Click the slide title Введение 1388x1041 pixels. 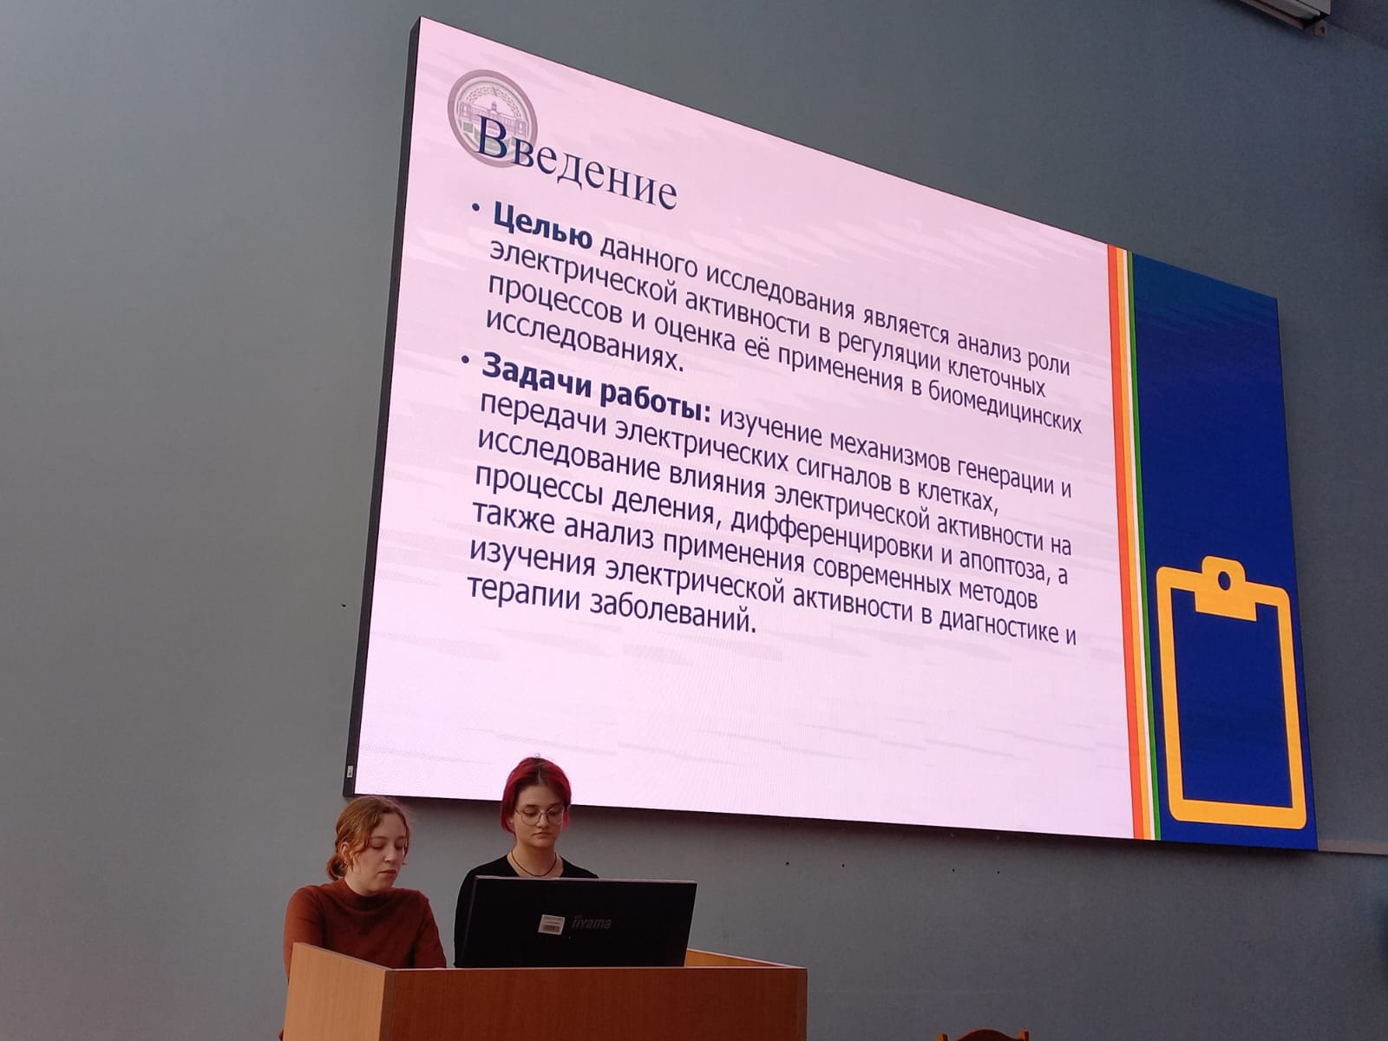[x=575, y=163]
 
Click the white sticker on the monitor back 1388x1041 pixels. [x=552, y=924]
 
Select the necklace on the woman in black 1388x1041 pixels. [x=534, y=866]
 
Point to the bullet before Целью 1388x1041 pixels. [x=478, y=208]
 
